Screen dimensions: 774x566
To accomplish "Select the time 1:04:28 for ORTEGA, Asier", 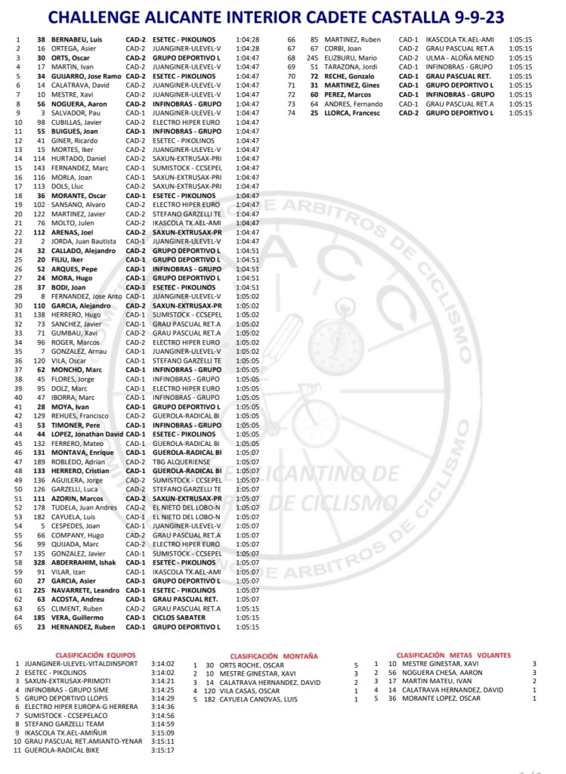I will tap(247, 48).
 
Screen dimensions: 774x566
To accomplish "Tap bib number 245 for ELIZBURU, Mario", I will tap(311, 57).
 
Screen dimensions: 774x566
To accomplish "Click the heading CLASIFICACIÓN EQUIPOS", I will tap(95, 655).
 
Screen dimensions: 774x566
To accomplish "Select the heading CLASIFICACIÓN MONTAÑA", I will tap(274, 656).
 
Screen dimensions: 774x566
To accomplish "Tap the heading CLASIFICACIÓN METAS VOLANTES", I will tap(453, 655).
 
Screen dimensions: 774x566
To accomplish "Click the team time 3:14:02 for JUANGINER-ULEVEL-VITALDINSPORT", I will tap(162, 664).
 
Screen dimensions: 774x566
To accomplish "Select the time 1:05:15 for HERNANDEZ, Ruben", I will tap(247, 627).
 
